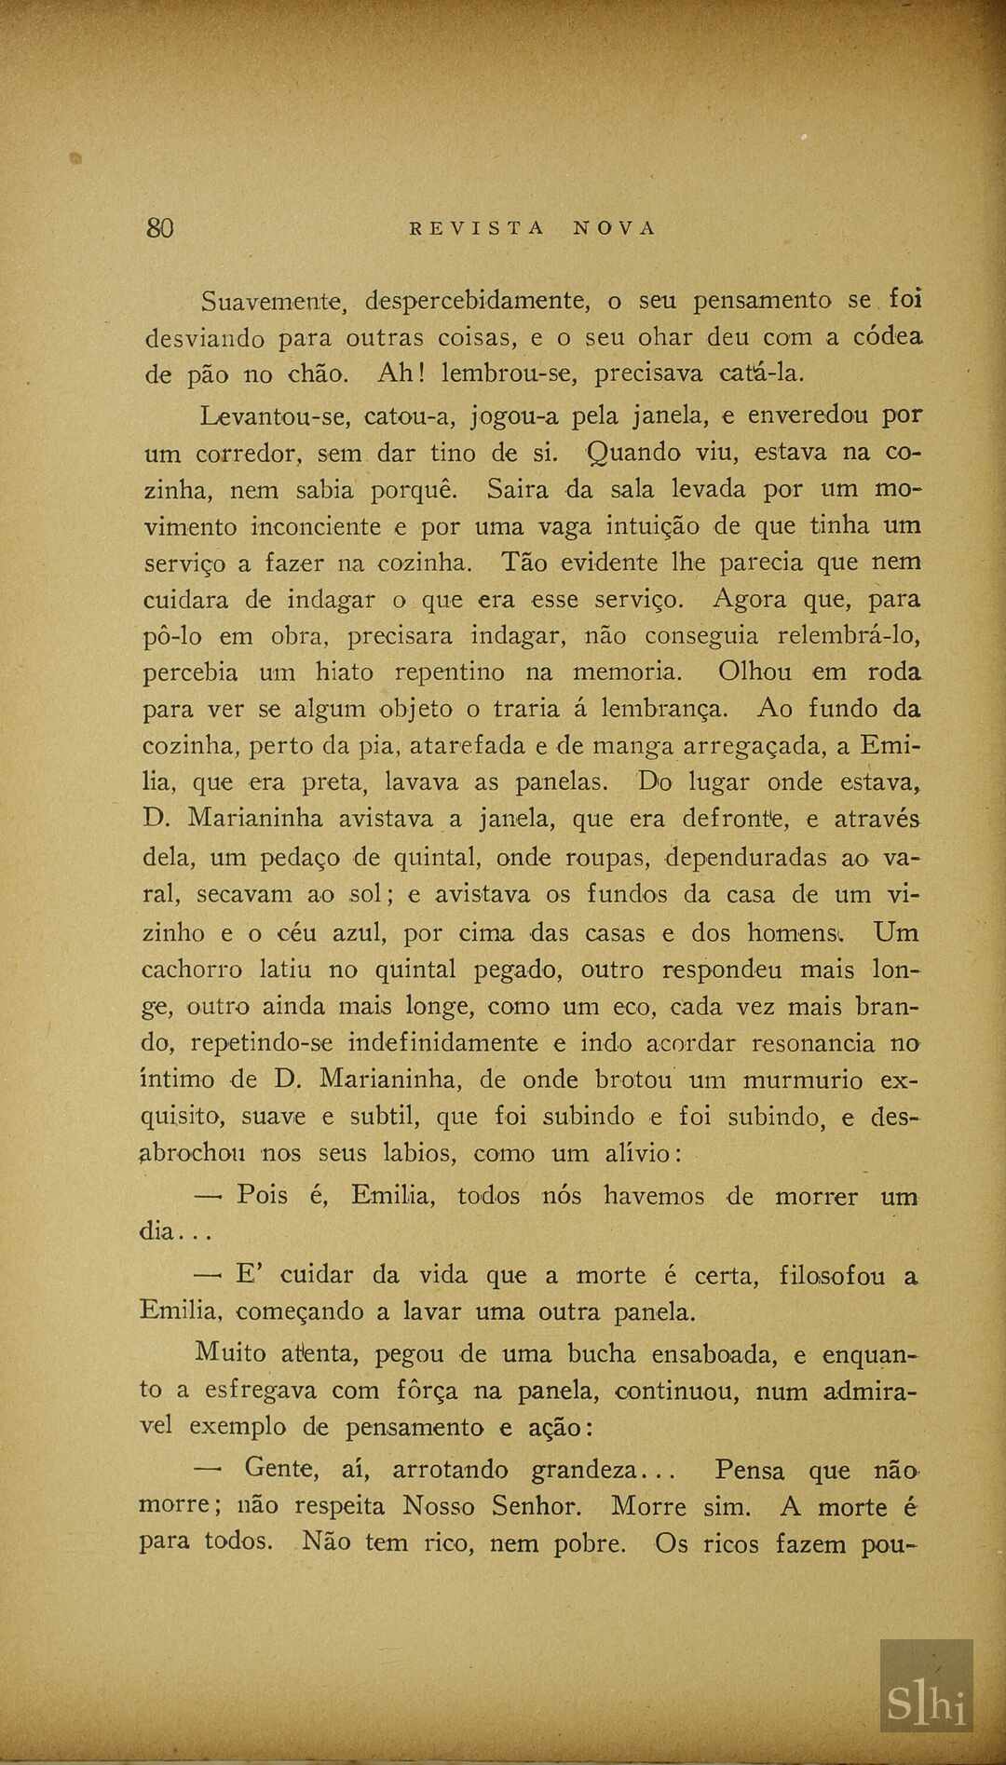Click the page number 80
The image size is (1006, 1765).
[x=159, y=227]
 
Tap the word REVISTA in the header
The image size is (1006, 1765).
[x=476, y=228]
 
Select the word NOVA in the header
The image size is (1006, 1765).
[x=615, y=228]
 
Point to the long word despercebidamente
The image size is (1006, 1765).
[x=478, y=302]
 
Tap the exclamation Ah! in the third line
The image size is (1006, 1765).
[x=401, y=373]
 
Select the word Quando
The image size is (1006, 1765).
[x=634, y=453]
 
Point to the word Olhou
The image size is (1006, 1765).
[x=754, y=672]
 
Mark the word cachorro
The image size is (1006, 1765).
[x=192, y=970]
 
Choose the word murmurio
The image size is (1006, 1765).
[x=803, y=1080]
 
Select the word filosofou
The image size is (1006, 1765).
[x=832, y=1275]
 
